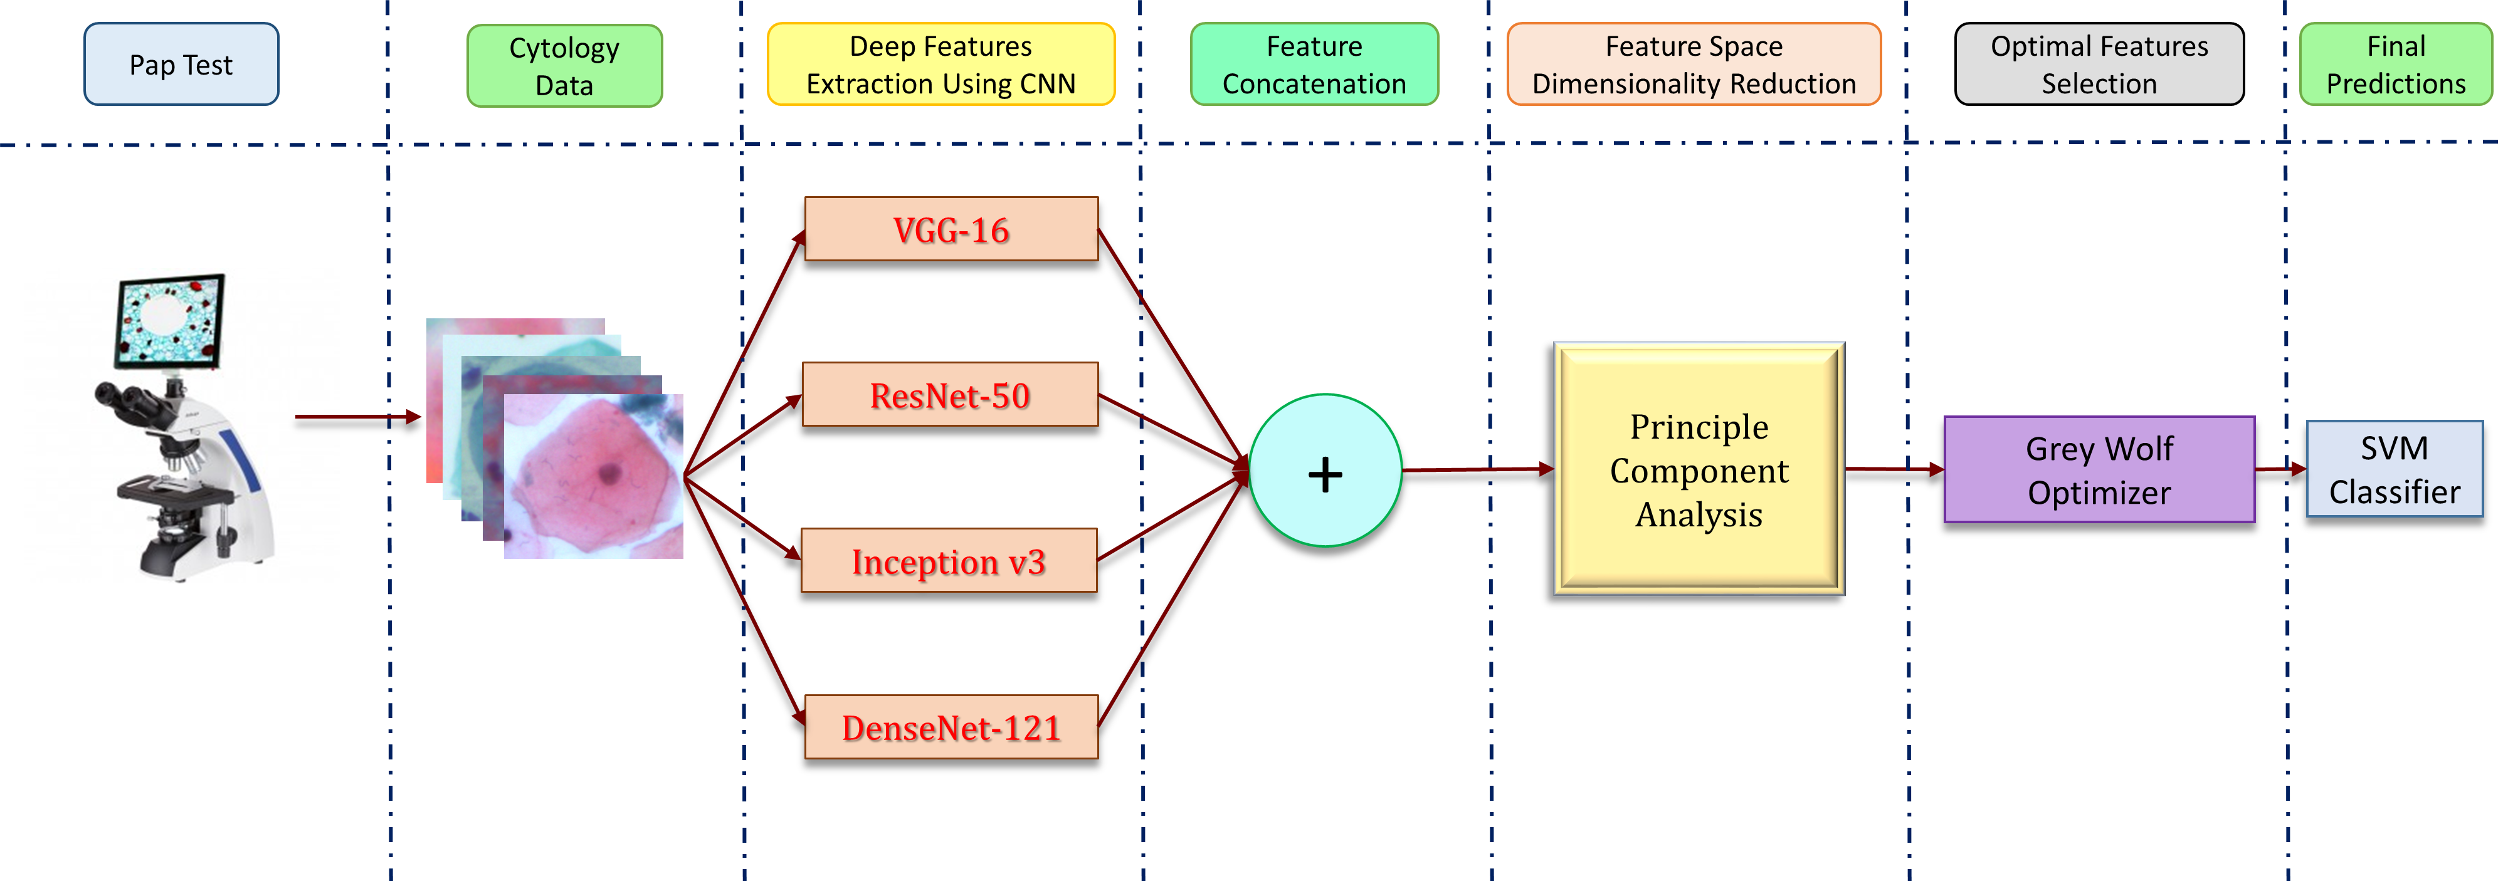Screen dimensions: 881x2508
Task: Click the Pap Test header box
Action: pyautogui.click(x=181, y=65)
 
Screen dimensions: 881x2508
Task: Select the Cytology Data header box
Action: pyautogui.click(x=565, y=65)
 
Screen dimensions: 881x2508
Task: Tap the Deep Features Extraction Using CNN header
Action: pyautogui.click(x=940, y=65)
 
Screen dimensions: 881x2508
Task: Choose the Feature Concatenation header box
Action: pyautogui.click(x=1314, y=65)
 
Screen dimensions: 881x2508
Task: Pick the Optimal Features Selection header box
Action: pyautogui.click(x=2099, y=65)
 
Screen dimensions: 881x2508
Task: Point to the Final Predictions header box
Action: pyautogui.click(x=2395, y=65)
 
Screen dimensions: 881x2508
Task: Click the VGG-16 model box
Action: pyautogui.click(x=951, y=230)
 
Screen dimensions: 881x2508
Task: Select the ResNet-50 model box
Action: pyautogui.click(x=951, y=395)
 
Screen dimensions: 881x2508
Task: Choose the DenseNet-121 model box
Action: pyautogui.click(x=951, y=727)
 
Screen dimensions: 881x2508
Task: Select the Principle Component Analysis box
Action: pyautogui.click(x=1699, y=470)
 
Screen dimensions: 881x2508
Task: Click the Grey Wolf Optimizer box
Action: pyautogui.click(x=2099, y=470)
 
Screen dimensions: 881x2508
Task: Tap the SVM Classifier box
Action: pyautogui.click(x=2394, y=469)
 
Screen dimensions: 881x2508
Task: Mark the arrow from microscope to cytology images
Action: pyautogui.click(x=356, y=417)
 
